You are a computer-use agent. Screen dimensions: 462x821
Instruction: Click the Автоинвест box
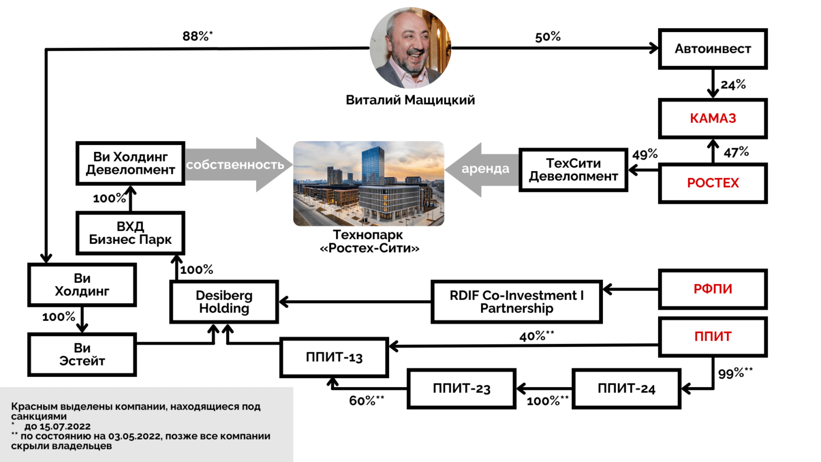click(x=712, y=49)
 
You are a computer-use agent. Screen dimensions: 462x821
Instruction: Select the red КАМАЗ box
click(x=712, y=118)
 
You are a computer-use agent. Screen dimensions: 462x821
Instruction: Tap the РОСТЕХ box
click(x=712, y=183)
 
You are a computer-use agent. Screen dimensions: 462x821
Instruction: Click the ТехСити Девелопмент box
click(x=573, y=170)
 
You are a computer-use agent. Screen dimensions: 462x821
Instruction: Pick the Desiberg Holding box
click(x=224, y=302)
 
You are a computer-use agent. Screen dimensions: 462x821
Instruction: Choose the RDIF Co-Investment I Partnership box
click(x=516, y=302)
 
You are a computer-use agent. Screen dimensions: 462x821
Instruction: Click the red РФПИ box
click(x=712, y=289)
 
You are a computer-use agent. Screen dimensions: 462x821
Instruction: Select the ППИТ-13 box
click(x=334, y=357)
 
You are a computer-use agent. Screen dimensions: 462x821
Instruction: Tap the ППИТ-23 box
click(x=461, y=389)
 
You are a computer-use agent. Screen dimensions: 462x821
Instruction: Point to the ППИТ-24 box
click(x=626, y=389)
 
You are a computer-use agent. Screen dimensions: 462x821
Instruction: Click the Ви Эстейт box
click(x=82, y=354)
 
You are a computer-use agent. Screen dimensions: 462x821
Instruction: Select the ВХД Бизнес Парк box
click(x=130, y=233)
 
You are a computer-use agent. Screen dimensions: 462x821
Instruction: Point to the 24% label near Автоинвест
click(x=733, y=84)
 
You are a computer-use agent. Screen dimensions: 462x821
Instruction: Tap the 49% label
click(x=645, y=155)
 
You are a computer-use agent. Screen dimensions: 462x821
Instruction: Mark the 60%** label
click(x=366, y=401)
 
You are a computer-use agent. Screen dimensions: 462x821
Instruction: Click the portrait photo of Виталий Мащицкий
click(x=410, y=48)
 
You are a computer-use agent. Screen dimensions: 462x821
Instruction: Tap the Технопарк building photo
click(x=368, y=183)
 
